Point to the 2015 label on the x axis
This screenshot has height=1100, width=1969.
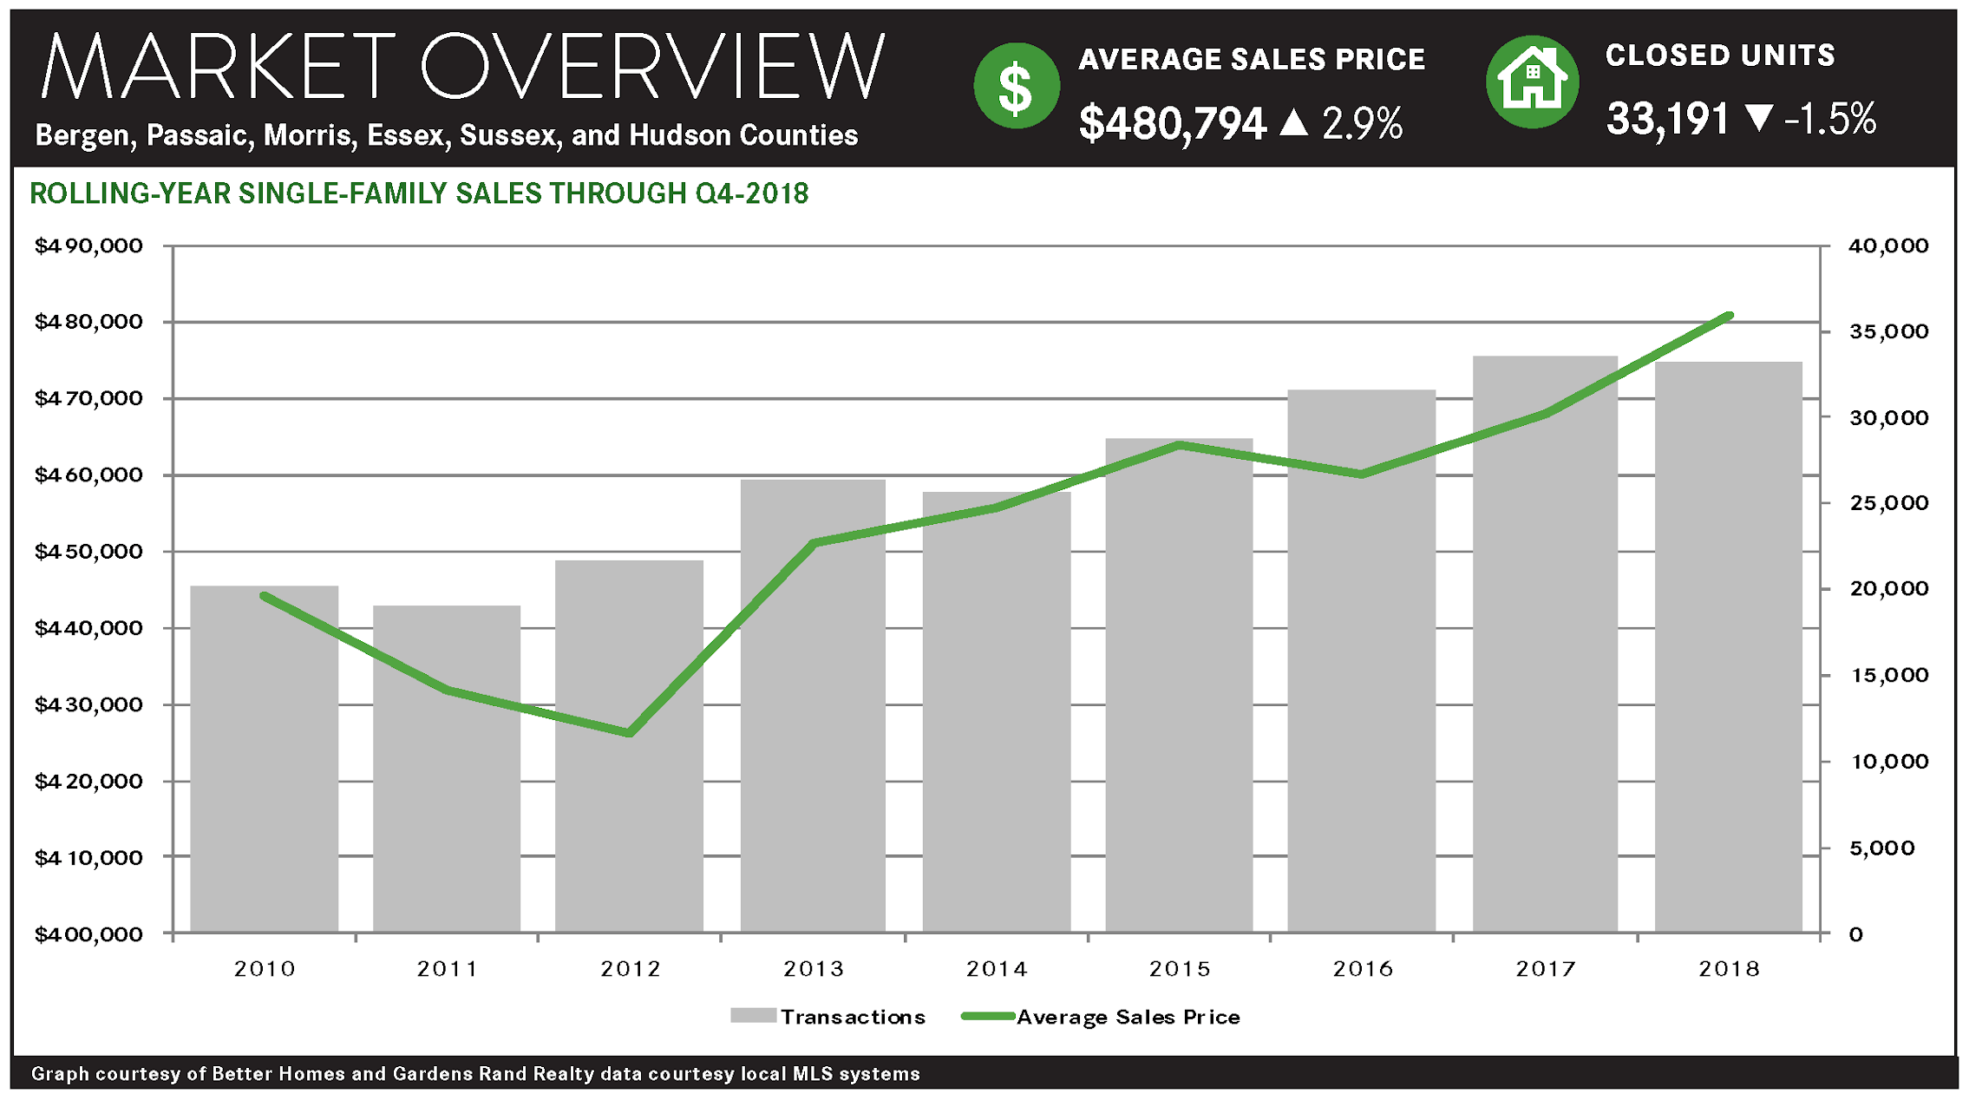point(1180,969)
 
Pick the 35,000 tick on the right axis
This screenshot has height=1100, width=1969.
point(1887,331)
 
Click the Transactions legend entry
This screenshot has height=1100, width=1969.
point(828,1017)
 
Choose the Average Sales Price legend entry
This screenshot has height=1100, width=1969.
point(1102,1017)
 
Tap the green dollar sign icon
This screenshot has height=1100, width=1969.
point(1016,86)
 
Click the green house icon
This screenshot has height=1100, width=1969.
point(1532,82)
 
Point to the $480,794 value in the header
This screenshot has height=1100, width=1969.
point(1172,123)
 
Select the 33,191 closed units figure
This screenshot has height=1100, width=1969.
point(1667,119)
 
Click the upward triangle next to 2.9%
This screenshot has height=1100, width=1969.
point(1294,122)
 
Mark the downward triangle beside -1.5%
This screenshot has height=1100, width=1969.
point(1759,119)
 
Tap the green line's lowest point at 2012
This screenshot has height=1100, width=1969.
point(629,733)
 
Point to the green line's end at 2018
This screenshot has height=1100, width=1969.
point(1729,316)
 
